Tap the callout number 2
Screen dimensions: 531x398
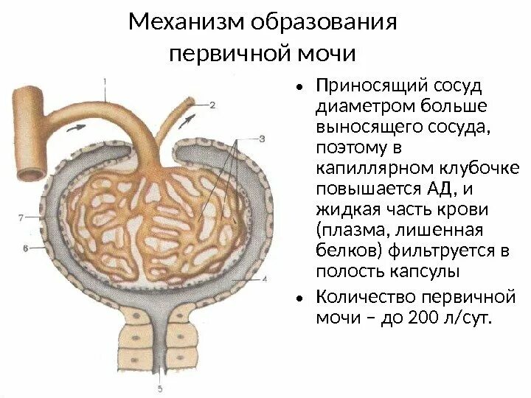(212, 105)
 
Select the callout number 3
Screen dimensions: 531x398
(262, 137)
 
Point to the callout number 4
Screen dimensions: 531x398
(263, 279)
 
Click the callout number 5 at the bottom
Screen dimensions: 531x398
(160, 388)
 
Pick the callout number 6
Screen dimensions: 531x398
(26, 249)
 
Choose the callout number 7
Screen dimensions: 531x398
(21, 217)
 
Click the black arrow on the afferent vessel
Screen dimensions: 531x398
(76, 127)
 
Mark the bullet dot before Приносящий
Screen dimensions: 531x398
(299, 88)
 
